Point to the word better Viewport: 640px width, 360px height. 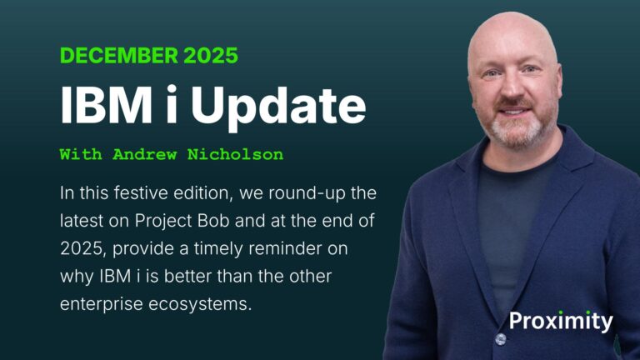(166, 276)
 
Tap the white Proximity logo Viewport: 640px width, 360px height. (561, 321)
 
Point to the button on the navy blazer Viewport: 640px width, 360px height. (500, 339)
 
